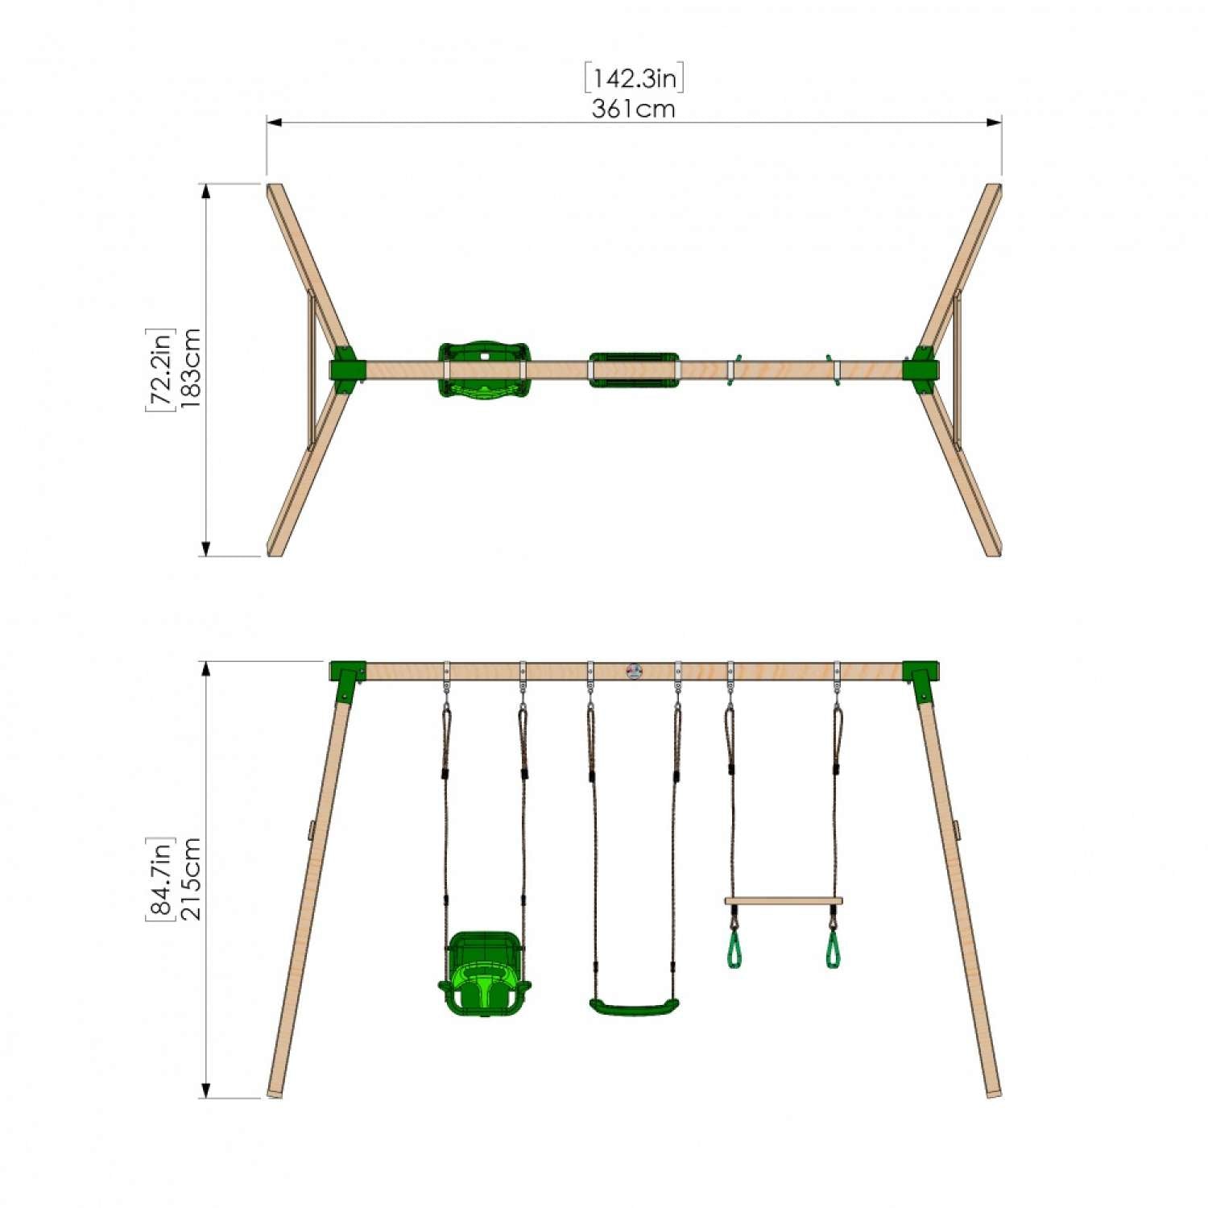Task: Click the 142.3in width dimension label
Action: pyautogui.click(x=634, y=78)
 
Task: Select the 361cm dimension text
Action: pyautogui.click(x=634, y=109)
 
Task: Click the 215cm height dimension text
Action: pyautogui.click(x=190, y=879)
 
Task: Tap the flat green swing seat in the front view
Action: pyautogui.click(x=634, y=1007)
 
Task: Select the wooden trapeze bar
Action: pyautogui.click(x=783, y=901)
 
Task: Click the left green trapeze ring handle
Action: pyautogui.click(x=734, y=950)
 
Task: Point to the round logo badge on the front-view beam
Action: pyautogui.click(x=634, y=671)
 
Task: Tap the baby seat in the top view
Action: pyautogui.click(x=484, y=370)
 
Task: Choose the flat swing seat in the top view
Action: pyautogui.click(x=634, y=370)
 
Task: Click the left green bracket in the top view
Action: pyautogui.click(x=346, y=370)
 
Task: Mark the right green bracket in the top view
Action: pyautogui.click(x=920, y=370)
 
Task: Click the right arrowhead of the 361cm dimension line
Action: pyautogui.click(x=995, y=122)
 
